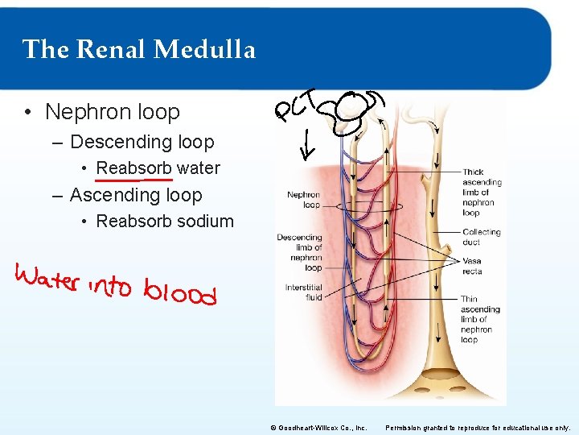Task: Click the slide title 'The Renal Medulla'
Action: coord(139,50)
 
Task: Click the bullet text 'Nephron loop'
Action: coord(113,112)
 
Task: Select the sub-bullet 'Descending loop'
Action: coord(142,143)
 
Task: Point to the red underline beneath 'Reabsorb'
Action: coord(129,180)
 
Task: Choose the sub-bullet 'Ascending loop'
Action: coord(136,195)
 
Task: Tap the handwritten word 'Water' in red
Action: coord(47,280)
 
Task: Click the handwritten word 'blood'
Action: coord(180,292)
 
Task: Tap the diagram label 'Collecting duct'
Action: coord(481,237)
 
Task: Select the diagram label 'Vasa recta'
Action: coord(472,266)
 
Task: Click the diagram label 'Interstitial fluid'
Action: coord(303,292)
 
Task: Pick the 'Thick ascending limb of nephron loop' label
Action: coord(482,193)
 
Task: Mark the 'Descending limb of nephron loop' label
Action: coord(299,252)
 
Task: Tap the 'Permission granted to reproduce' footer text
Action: coord(478,428)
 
